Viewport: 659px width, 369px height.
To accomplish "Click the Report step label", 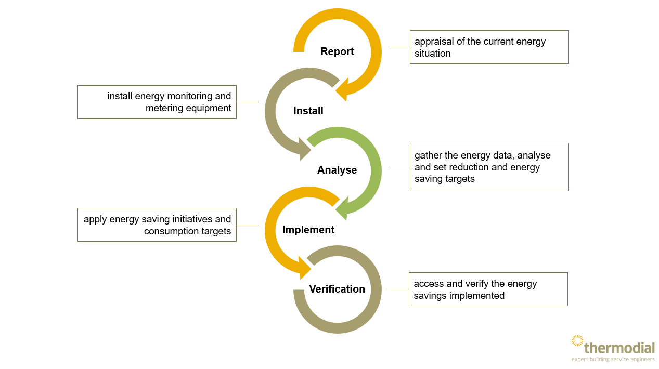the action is pos(337,51).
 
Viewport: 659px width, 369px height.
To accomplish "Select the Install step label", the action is pos(308,111).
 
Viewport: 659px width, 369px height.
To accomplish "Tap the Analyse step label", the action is pos(337,170).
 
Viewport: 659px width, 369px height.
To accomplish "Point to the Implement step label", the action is pos(308,230).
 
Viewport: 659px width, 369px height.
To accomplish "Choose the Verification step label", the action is pos(337,289).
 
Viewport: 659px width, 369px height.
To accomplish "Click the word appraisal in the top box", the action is pos(434,42).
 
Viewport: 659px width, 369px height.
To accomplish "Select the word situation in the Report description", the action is pos(432,54).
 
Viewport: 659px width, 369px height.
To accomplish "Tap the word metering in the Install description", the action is pos(164,108).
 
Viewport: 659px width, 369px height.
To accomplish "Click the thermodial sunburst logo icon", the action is pos(577,340).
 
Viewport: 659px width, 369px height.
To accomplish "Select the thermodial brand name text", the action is pos(619,348).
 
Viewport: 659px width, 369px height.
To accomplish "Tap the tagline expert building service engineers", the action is pos(613,359).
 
